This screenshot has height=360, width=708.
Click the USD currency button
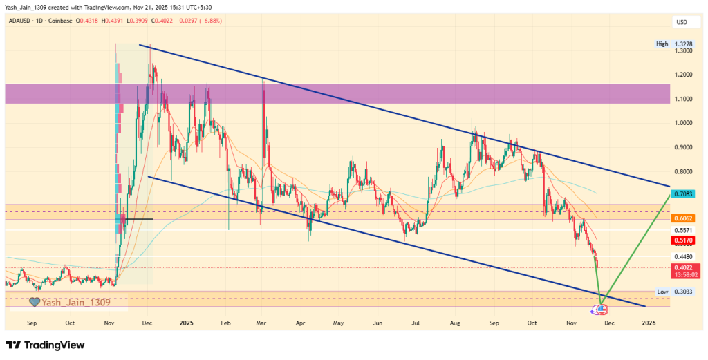682,23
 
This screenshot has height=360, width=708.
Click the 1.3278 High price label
684,44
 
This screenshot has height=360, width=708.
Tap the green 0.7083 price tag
684,195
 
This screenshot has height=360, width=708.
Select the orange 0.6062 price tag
684,218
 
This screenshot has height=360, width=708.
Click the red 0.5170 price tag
684,240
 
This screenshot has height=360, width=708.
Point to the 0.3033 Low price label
684,292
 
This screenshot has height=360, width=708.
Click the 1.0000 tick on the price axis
684,123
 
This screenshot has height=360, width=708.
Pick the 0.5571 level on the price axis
684,229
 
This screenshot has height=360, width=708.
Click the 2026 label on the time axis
649,323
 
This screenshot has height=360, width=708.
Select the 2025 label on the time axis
186,323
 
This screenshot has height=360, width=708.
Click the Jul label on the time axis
416,323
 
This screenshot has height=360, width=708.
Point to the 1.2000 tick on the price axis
684,75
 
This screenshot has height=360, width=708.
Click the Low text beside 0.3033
662,292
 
